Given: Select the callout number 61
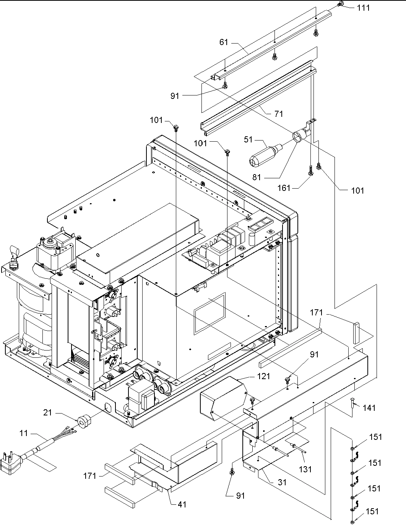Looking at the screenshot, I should tap(224, 42).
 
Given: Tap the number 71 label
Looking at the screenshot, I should tap(279, 114).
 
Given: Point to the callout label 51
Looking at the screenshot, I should tap(248, 140).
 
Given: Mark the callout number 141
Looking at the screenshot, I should tap(369, 408).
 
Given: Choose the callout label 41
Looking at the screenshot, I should tap(182, 504).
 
